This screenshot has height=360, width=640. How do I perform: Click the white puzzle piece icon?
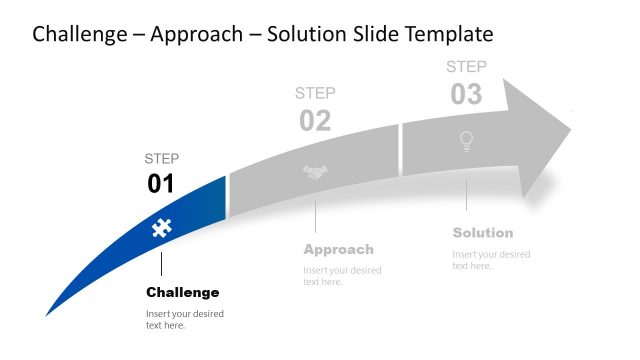coord(159,228)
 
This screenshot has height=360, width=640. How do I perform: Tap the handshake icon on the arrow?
coord(315,172)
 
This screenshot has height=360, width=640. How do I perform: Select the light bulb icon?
coord(465,142)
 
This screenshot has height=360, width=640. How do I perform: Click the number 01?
coord(161,183)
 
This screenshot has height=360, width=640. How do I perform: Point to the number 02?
coord(315,121)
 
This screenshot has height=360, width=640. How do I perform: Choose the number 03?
coord(466,94)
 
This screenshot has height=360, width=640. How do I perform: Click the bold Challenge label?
coord(182,292)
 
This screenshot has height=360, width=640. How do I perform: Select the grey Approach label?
coord(338,249)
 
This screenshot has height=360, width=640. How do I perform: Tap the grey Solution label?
coord(482,233)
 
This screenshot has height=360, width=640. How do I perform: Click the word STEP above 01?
coord(162,158)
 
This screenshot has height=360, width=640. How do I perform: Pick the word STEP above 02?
coord(315,93)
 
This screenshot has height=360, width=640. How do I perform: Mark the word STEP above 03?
coord(466,67)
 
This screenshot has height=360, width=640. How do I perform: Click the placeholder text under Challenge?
coord(184,319)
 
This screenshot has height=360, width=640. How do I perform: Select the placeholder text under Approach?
coord(342,276)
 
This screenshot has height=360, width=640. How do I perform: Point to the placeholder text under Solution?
coord(491,259)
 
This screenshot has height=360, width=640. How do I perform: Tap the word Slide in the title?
coord(374,34)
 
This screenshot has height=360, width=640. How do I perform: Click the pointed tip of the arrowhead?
coord(570,128)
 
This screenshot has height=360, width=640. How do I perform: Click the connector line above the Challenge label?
coord(161,264)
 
